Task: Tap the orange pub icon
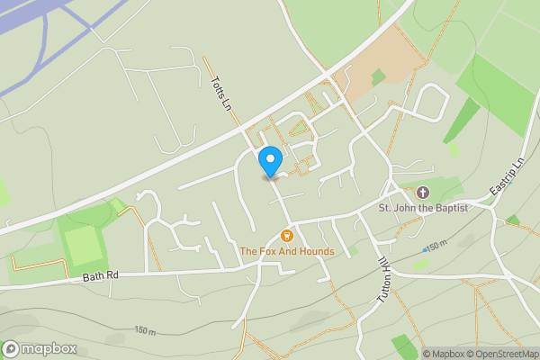tap(287, 236)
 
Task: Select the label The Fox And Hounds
tap(287, 251)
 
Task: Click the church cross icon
tap(423, 192)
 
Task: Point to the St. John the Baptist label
tap(423, 208)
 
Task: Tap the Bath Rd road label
tap(100, 274)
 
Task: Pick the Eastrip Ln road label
tap(507, 176)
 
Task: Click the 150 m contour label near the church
tap(436, 246)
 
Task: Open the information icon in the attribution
tap(417, 354)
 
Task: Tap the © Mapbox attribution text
tap(442, 354)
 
